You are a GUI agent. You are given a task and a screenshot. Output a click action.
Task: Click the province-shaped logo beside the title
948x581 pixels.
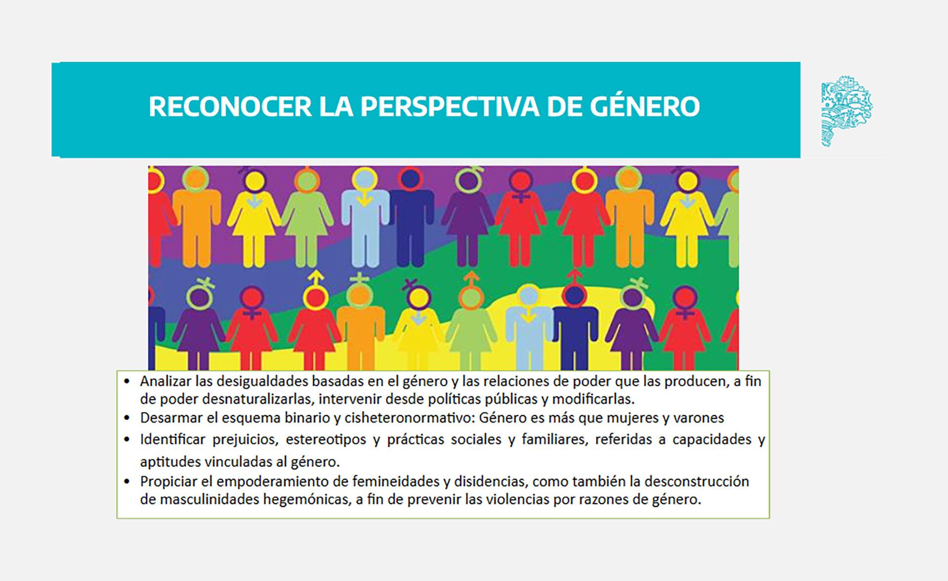[x=846, y=111]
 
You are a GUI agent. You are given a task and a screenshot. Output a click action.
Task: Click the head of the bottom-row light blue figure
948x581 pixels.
[x=529, y=296]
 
